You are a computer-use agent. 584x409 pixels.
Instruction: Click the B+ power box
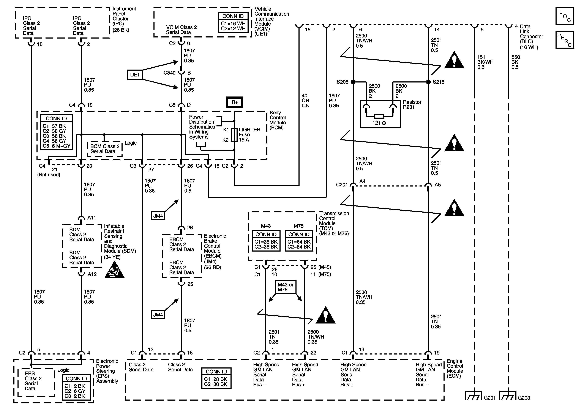click(235, 102)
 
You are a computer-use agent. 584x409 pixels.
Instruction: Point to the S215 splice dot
click(428, 82)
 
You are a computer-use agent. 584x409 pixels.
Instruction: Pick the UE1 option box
click(135, 75)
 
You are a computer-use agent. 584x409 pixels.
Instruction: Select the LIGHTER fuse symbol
click(234, 134)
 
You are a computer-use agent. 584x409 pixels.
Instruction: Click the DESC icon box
click(565, 40)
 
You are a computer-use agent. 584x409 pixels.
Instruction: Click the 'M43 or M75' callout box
click(285, 287)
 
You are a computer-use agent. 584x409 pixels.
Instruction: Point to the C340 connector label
click(169, 73)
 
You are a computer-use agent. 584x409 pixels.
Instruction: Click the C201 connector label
click(342, 185)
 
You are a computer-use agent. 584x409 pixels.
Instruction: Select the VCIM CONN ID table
click(233, 23)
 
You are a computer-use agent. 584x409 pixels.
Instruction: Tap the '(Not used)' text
click(49, 175)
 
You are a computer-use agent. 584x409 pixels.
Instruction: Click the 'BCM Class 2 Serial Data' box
click(104, 149)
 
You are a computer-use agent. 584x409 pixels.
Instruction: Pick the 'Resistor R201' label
click(412, 104)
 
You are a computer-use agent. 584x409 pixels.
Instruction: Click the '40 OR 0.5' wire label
click(305, 101)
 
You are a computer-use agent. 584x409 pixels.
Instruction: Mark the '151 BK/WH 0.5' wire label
click(485, 62)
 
